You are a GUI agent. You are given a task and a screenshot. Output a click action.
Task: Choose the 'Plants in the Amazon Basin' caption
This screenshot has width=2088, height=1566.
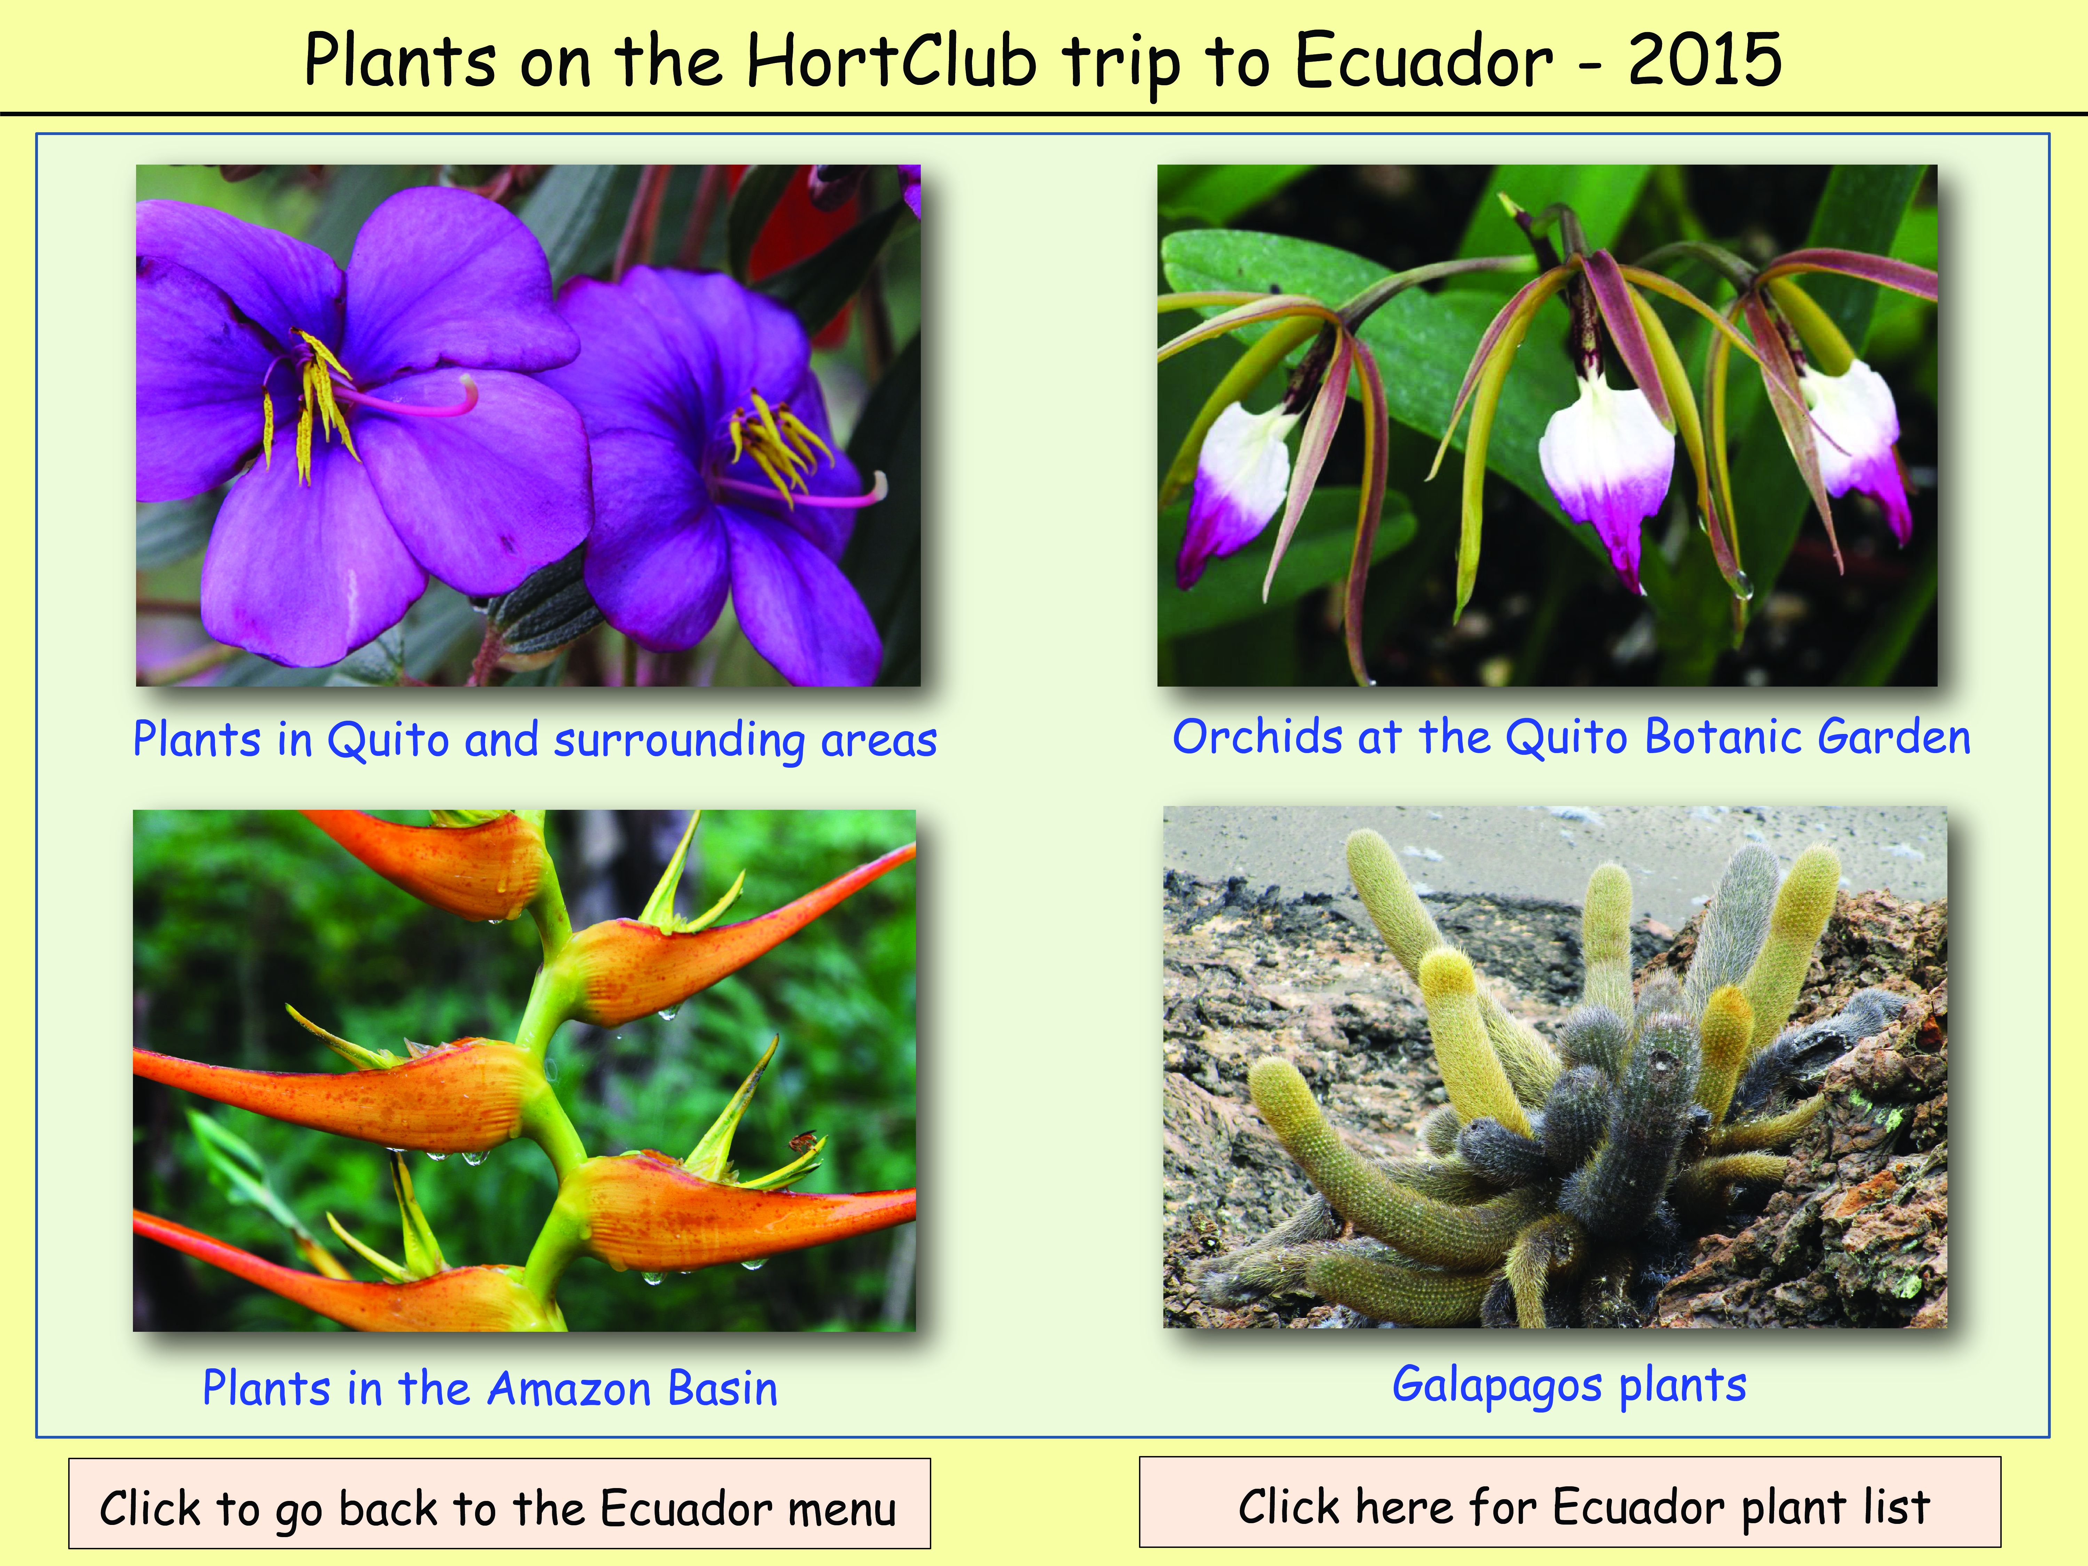tap(490, 1389)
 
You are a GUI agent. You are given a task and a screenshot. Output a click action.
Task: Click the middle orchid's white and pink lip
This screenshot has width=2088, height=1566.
tap(1607, 477)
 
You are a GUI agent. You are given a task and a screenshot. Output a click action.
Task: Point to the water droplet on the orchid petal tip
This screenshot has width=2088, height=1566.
tap(1742, 587)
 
